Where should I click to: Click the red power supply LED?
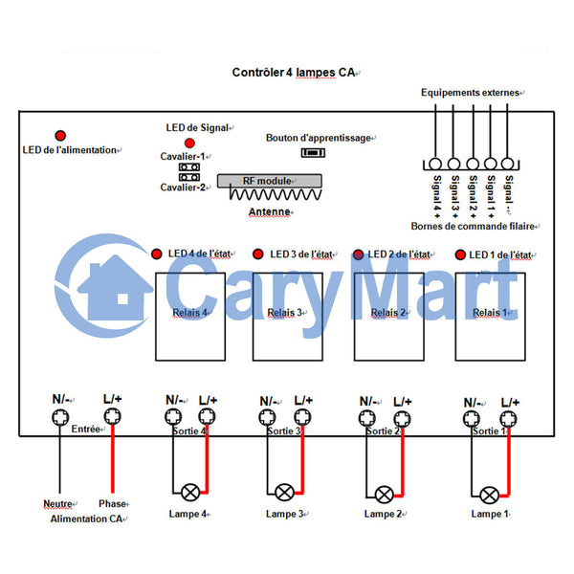60,136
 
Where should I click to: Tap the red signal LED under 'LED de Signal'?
189,143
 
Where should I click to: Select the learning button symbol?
313,152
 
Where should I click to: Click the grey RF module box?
270,181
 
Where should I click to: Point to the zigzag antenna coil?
276,193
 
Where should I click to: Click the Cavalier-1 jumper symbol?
189,167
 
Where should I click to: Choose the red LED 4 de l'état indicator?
157,254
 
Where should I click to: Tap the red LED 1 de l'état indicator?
460,254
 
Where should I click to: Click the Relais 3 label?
285,313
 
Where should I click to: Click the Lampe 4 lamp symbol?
190,493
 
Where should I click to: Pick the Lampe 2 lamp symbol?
384,495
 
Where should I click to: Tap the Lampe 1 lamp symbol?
489,496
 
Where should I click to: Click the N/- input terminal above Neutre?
60,417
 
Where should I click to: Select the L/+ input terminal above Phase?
112,416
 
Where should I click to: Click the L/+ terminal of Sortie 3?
302,417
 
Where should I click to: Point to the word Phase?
112,504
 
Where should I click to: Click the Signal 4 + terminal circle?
435,164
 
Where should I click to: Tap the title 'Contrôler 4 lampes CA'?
294,73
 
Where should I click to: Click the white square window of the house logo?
122,299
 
